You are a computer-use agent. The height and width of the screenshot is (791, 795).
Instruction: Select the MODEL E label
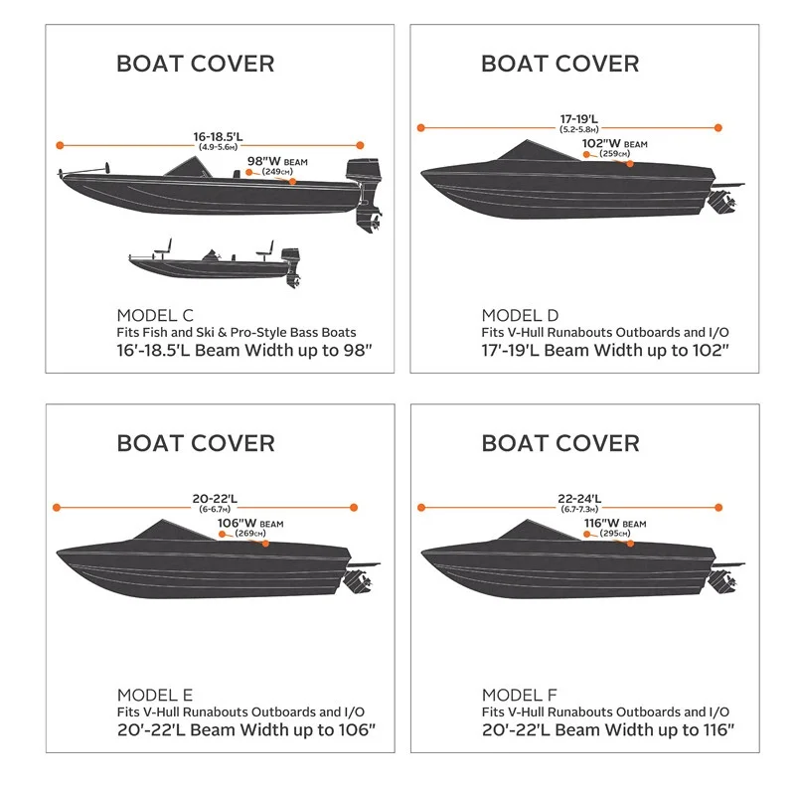tap(154, 695)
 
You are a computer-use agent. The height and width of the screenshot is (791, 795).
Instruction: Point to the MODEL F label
tap(519, 695)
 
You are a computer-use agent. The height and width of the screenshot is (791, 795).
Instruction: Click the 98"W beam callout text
tap(265, 161)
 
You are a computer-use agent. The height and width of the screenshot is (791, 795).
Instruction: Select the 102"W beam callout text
tap(609, 144)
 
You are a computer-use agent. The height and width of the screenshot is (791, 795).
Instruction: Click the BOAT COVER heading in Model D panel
tap(559, 64)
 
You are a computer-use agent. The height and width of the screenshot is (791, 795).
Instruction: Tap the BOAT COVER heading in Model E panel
tap(196, 442)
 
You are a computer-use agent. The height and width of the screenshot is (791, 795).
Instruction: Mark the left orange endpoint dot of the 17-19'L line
tap(421, 127)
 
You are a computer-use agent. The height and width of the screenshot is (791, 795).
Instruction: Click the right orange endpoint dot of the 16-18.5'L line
tap(360, 145)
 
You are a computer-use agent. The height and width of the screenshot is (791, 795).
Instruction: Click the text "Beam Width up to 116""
tap(647, 731)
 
